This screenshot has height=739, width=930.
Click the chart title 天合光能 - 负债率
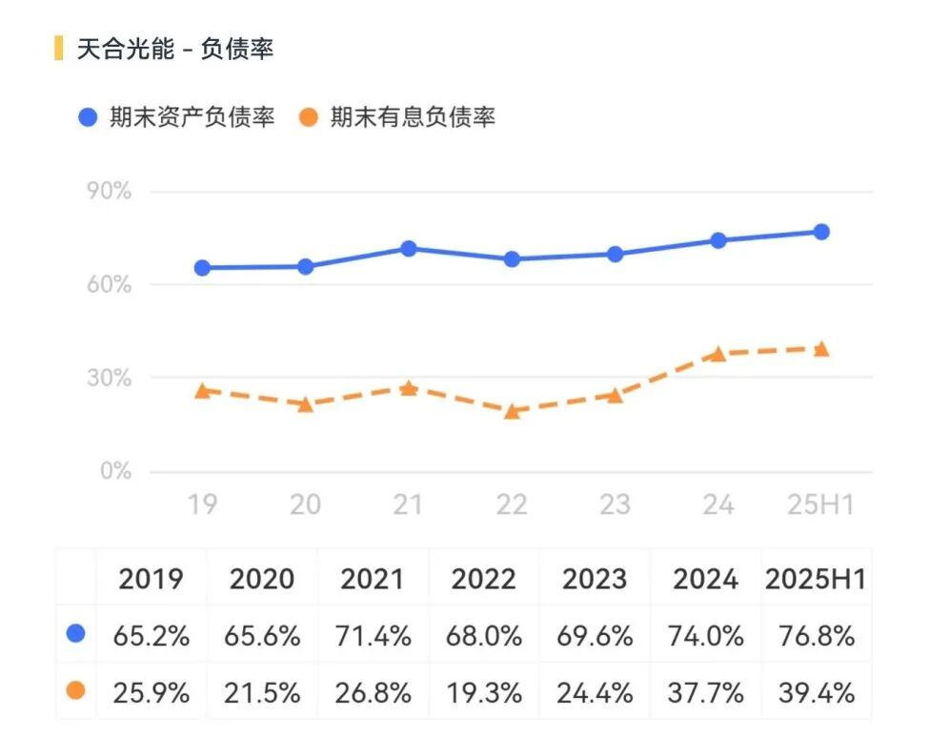pos(175,49)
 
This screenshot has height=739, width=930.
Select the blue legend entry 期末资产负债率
pos(177,118)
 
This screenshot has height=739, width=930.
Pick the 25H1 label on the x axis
pos(819,503)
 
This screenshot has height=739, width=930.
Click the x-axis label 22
pos(511,503)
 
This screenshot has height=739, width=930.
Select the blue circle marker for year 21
pos(409,249)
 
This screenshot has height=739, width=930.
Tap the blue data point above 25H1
pos(820,232)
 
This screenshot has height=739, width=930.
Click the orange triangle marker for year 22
pos(512,411)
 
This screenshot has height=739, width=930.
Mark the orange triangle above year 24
pos(718,353)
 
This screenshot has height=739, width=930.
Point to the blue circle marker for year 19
pos(202,268)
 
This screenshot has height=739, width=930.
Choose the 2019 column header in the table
pos(151,579)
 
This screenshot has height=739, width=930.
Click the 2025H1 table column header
pos(816,579)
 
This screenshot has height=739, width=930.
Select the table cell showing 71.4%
pos(373,636)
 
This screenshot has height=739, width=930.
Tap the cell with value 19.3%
pos(483,692)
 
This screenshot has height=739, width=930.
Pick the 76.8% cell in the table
pos(816,636)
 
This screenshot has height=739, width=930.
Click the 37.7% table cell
pos(705,692)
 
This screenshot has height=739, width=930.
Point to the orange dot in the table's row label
pos(76,690)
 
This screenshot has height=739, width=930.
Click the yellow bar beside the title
pos(59,48)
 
